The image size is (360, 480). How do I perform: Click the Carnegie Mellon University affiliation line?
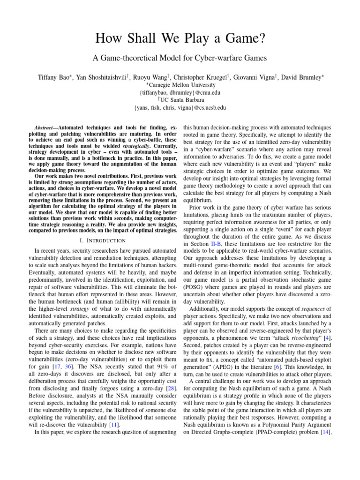pyautogui.click(x=180, y=85)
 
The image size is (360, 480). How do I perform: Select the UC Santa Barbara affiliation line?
pyautogui.click(x=180, y=100)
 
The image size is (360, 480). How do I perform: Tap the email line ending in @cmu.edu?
pyautogui.click(x=180, y=92)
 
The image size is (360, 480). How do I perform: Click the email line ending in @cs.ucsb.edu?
pyautogui.click(x=180, y=107)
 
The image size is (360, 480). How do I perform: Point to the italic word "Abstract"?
pyautogui.click(x=46, y=128)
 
